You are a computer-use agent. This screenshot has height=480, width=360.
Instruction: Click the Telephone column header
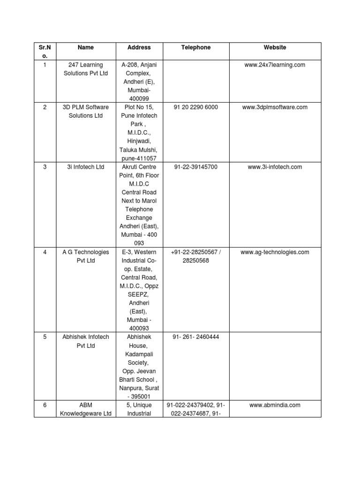(196, 47)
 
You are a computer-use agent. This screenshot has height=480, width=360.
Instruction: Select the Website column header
(275, 47)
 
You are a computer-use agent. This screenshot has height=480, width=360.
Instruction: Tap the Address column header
(139, 47)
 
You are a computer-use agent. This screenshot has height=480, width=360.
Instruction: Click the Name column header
(86, 47)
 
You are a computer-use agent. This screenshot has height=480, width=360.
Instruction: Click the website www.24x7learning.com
(275, 65)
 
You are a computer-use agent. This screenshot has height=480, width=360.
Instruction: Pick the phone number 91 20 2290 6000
(196, 107)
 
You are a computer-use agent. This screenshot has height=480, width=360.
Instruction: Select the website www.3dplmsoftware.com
(275, 107)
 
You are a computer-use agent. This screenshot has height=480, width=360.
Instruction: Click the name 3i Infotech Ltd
(86, 167)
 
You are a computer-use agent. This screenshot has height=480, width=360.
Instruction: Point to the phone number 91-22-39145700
(196, 167)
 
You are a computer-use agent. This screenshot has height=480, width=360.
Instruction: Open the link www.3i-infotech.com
(275, 167)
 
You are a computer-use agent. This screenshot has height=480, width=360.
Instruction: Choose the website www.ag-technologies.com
(275, 252)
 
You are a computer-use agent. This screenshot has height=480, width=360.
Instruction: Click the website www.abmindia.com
(275, 405)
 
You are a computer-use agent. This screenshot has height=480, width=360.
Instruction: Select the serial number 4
(45, 252)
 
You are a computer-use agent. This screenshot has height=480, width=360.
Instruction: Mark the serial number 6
(45, 405)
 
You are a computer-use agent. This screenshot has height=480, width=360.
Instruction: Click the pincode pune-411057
(139, 158)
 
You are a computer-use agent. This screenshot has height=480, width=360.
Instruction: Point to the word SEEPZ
(139, 295)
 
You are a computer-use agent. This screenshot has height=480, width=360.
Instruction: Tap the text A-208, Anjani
(139, 65)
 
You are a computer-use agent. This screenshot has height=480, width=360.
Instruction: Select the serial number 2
(45, 107)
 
